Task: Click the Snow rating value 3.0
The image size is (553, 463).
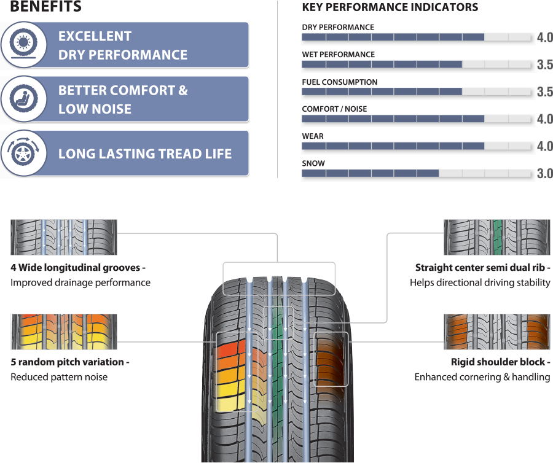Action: pyautogui.click(x=544, y=174)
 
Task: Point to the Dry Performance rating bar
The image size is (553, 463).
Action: pyautogui.click(x=416, y=37)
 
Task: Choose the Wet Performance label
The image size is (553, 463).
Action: pyautogui.click(x=338, y=55)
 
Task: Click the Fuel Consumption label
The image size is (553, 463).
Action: pyautogui.click(x=339, y=82)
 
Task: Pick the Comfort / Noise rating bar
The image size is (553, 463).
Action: pyautogui.click(x=416, y=119)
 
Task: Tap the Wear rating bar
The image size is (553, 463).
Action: pyautogui.click(x=416, y=146)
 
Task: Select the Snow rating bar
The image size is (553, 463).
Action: pyautogui.click(x=416, y=174)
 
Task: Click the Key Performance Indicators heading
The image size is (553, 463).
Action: pyautogui.click(x=390, y=7)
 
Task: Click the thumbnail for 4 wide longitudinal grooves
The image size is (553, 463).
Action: pyautogui.click(x=64, y=237)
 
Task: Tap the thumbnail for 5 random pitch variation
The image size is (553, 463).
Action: pyautogui.click(x=64, y=332)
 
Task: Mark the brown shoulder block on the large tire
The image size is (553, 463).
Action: pyautogui.click(x=331, y=359)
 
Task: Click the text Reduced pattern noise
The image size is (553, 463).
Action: pyautogui.click(x=59, y=377)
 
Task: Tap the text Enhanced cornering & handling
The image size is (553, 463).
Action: pyautogui.click(x=482, y=377)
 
